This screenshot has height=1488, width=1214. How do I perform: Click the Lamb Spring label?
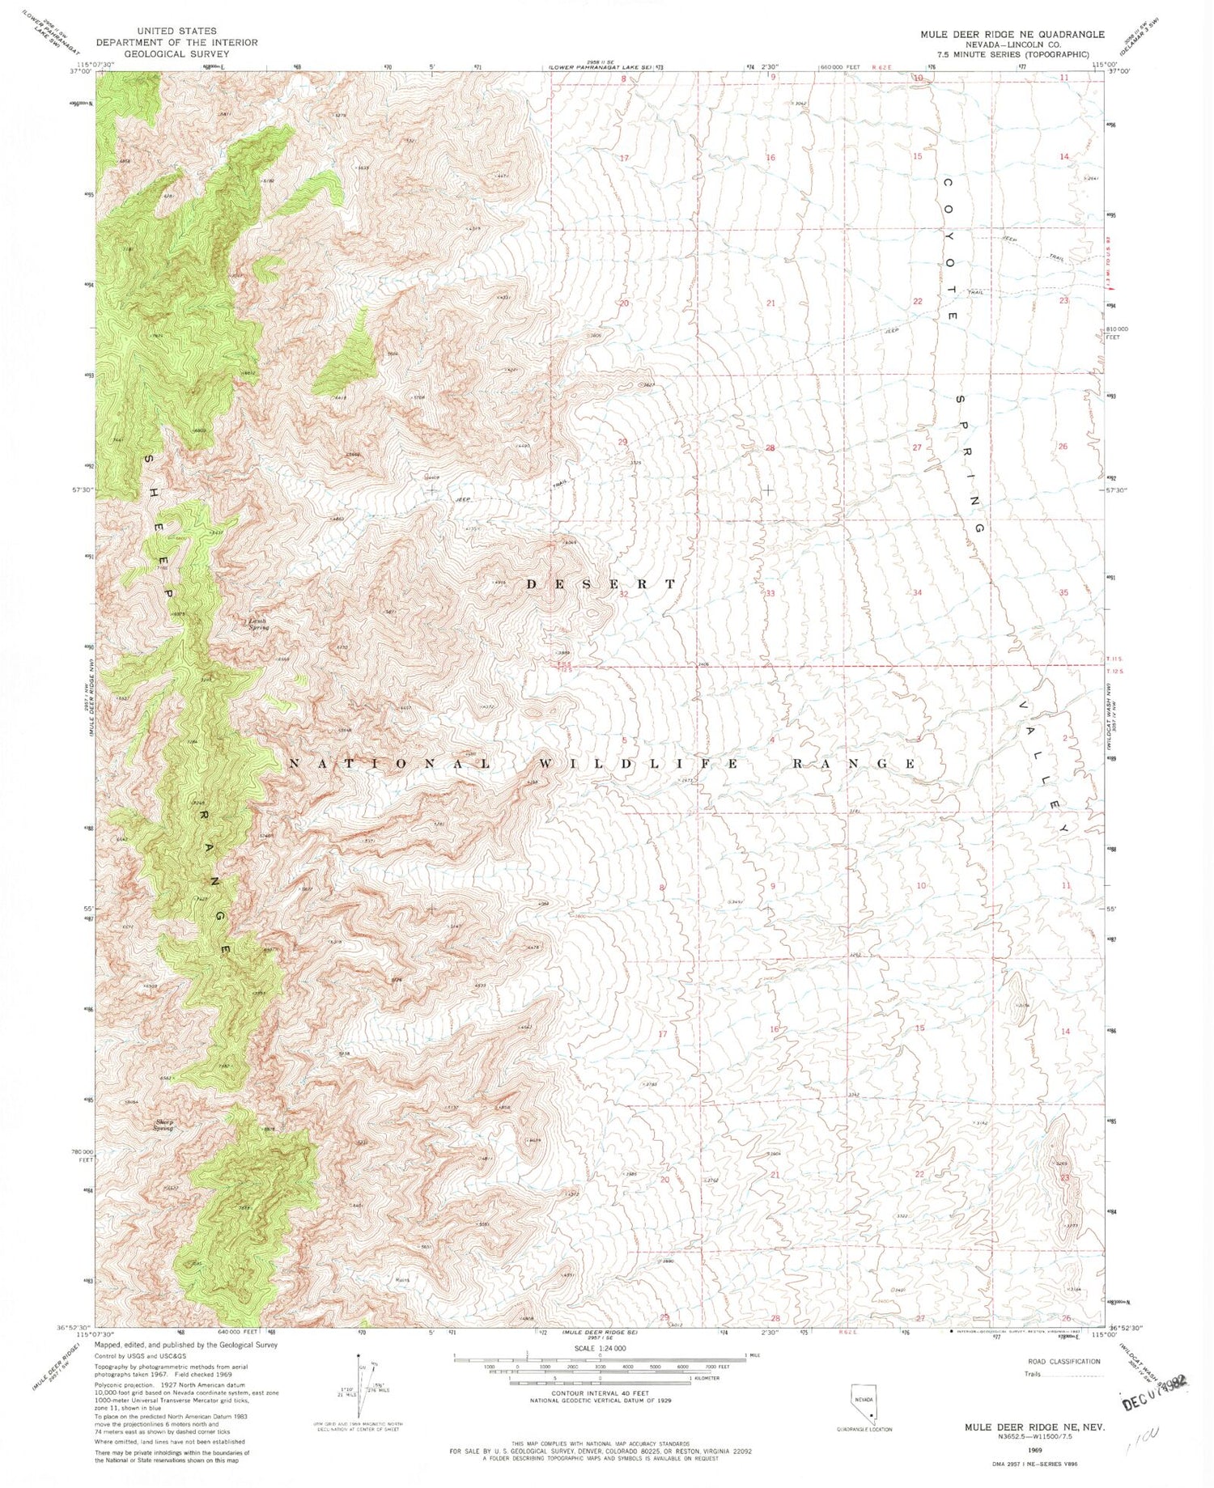(x=258, y=624)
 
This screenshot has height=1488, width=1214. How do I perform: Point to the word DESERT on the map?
(x=601, y=584)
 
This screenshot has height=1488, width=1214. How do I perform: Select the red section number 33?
(x=770, y=593)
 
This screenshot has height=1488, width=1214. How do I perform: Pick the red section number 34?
(x=917, y=592)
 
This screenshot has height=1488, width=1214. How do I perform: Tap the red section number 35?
(x=1063, y=592)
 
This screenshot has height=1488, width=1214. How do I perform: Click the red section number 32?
(x=623, y=594)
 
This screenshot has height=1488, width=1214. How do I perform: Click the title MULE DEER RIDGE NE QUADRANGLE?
(x=1000, y=35)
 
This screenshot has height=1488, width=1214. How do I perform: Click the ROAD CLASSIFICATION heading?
(x=1063, y=1361)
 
